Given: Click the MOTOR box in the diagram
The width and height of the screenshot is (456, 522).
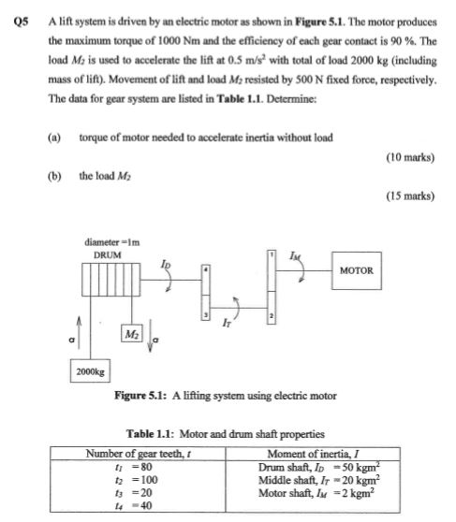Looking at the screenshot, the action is [x=357, y=271].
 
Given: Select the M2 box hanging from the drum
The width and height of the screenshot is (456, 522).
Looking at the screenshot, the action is [x=132, y=334].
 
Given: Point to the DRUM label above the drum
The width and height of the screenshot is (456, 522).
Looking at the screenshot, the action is [x=107, y=254].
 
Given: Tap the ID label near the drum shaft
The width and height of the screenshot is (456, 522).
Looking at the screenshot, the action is [x=167, y=264].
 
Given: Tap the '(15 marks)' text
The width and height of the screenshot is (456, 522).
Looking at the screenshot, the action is [x=409, y=196].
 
